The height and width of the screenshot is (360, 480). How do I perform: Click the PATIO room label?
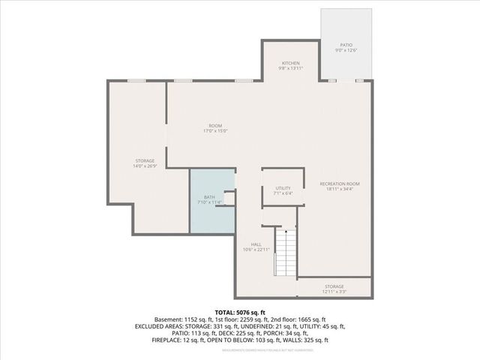tap(346, 45)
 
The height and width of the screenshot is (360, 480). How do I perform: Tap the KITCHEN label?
tap(290, 63)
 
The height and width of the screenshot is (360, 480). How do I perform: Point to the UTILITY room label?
tap(283, 188)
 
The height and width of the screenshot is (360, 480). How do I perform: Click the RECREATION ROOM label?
tap(340, 184)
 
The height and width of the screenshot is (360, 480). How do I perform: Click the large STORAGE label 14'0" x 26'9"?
tap(145, 160)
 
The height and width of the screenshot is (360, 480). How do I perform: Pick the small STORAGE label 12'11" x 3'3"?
tap(334, 286)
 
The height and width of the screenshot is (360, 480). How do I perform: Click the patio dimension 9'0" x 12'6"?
tap(346, 51)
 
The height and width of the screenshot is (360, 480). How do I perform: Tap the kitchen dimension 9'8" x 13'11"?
tap(290, 69)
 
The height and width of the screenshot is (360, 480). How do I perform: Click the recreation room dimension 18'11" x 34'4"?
tap(340, 190)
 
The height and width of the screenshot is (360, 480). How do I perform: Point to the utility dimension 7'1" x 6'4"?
tap(283, 193)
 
